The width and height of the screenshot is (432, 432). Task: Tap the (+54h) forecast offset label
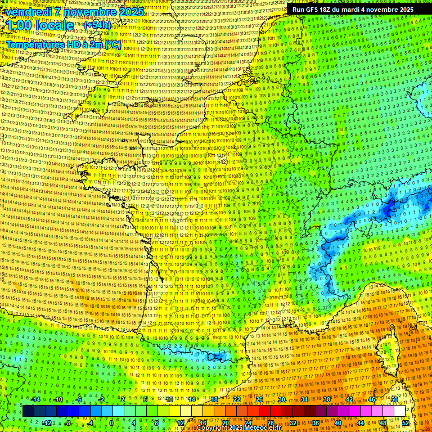pos(97,25)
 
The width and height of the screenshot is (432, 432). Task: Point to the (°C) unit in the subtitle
pos(112,44)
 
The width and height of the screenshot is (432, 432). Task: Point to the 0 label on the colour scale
pos(111,422)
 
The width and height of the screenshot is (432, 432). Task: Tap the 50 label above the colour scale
pos(394,399)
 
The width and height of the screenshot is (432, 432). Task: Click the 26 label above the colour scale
pos(259,399)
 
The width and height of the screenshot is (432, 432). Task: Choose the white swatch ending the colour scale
pos(399,411)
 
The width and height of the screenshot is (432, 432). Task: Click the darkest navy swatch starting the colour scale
pos(28,411)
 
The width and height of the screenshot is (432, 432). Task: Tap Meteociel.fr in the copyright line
pos(262,428)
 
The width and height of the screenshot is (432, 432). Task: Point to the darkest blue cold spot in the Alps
pos(388,210)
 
